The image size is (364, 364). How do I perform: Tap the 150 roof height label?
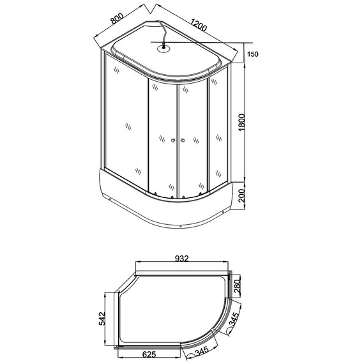pyautogui.click(x=254, y=55)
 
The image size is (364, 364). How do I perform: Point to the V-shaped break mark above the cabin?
pyautogui.click(x=148, y=10)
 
